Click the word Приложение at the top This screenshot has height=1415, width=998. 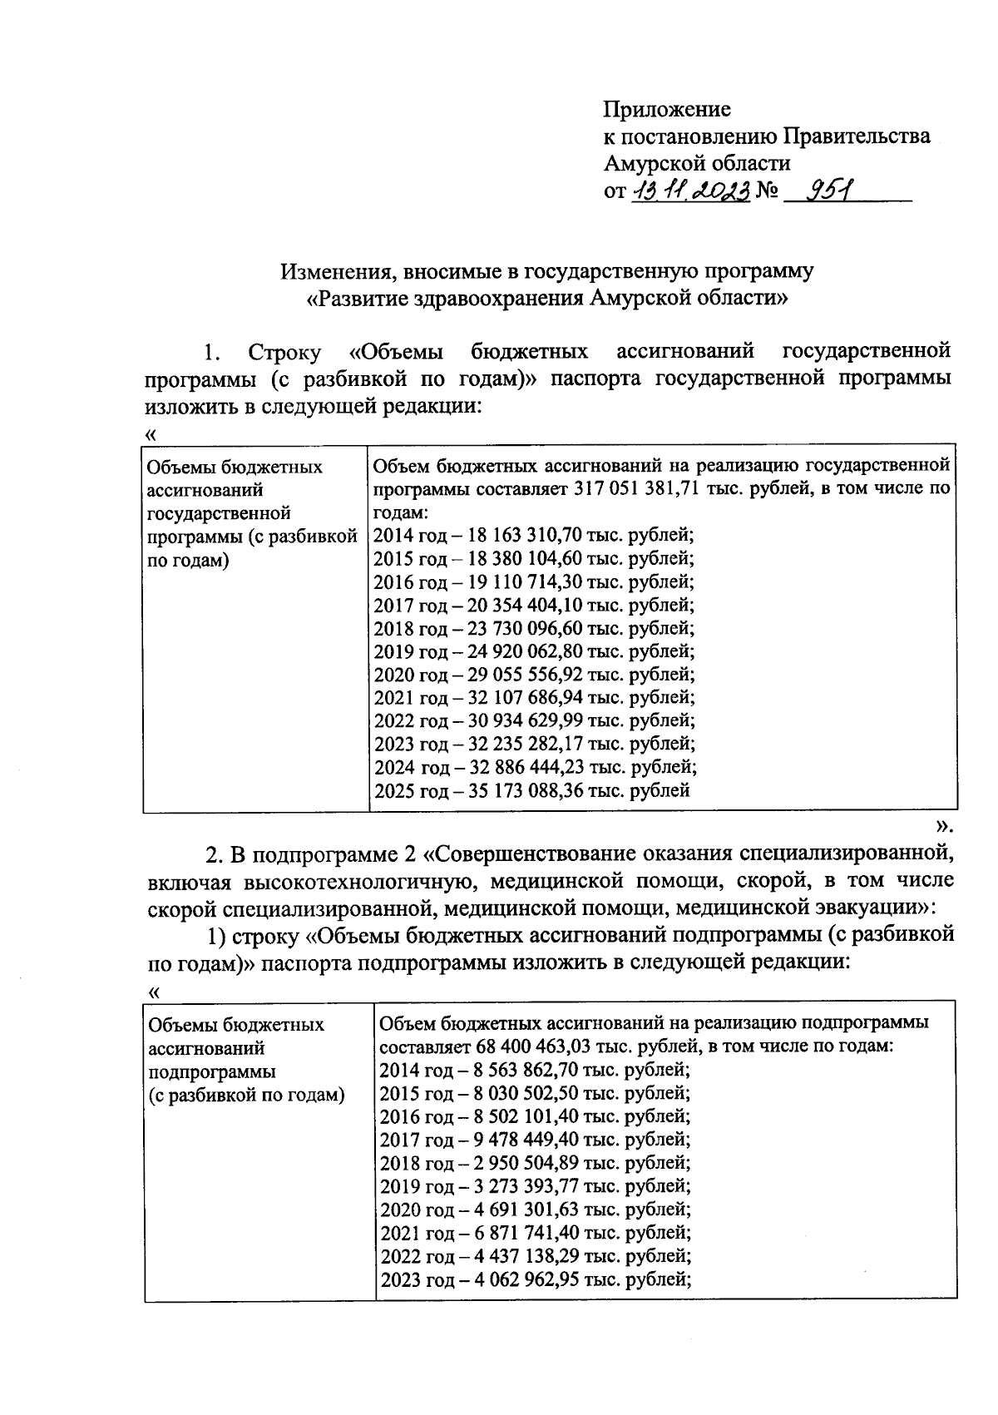point(667,109)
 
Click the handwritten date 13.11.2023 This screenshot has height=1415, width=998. point(690,191)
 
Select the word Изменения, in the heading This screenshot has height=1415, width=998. point(331,271)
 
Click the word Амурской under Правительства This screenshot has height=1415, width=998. point(656,163)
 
